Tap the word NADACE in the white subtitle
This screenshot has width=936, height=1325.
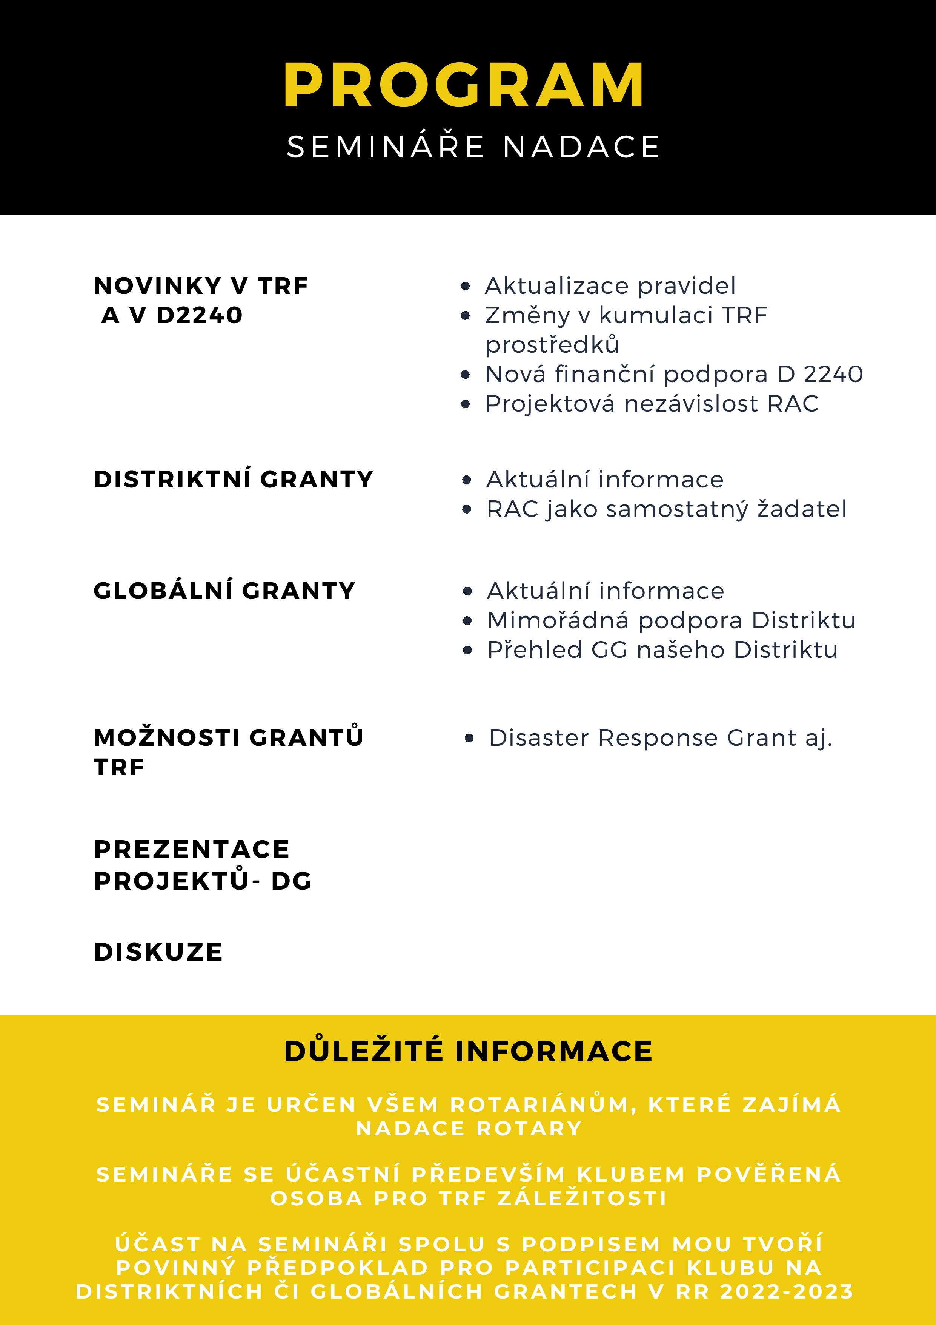point(581,147)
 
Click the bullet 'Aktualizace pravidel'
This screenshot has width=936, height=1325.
point(610,286)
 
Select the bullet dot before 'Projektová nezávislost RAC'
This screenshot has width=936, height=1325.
point(466,404)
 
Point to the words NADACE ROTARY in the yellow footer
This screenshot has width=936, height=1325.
point(468,1128)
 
